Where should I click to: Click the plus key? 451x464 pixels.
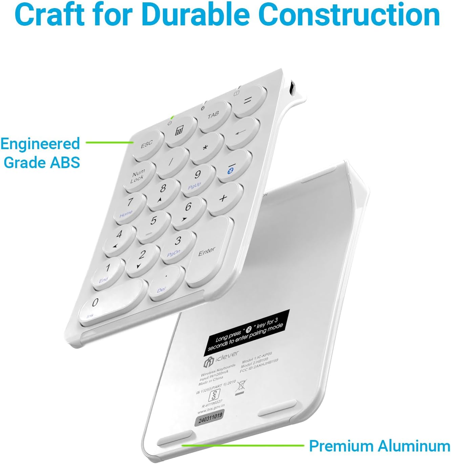click(x=223, y=198)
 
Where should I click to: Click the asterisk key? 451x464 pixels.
click(x=205, y=148)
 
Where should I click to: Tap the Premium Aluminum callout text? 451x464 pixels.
click(x=379, y=445)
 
